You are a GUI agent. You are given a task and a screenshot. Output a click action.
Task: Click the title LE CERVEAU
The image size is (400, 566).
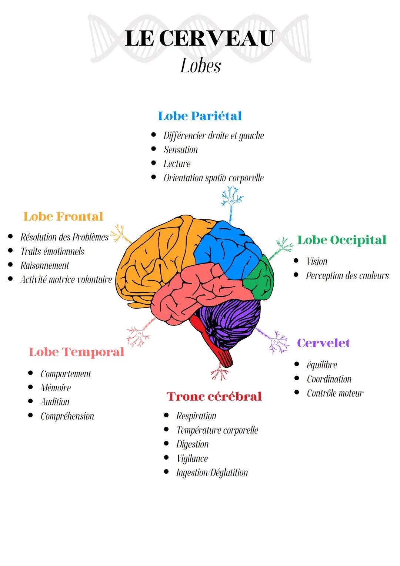200,39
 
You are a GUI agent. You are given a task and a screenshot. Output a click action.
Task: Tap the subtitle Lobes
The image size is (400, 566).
200,66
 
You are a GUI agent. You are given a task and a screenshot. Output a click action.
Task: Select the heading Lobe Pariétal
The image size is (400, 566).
200,116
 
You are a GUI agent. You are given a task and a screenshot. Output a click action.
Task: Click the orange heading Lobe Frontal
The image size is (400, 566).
63,216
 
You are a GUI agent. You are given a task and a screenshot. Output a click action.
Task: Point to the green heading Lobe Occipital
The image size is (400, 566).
341,240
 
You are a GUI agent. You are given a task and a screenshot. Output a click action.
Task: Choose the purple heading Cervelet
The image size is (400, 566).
323,343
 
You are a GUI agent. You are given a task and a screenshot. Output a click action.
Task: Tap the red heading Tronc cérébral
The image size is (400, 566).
214,397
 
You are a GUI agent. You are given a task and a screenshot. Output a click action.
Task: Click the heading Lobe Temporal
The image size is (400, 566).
77,352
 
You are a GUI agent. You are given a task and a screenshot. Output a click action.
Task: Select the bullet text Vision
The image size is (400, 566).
317,261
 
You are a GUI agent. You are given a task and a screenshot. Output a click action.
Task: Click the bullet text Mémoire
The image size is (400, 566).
56,388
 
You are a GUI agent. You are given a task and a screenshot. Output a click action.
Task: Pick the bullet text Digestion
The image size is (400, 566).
192,444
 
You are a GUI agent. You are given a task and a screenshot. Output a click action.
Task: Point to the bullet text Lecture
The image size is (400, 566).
177,164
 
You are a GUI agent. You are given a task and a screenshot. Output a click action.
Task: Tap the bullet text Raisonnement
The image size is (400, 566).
45,266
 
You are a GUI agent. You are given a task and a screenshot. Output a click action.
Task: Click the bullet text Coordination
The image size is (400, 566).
329,379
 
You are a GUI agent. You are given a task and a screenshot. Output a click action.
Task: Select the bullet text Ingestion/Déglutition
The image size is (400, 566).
212,473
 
